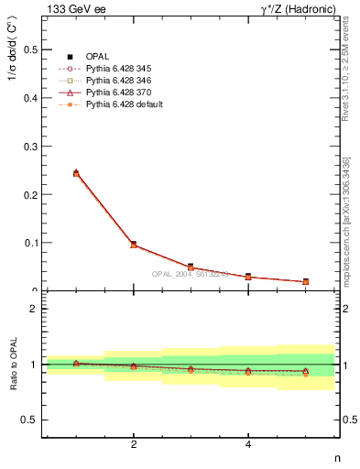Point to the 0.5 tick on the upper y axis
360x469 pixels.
(x=30, y=49)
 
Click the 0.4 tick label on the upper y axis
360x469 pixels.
(x=30, y=98)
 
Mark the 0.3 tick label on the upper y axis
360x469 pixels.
(x=30, y=147)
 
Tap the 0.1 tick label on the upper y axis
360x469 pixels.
(x=30, y=243)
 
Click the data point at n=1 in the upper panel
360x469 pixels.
(x=76, y=172)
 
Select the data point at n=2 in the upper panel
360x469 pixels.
(x=134, y=245)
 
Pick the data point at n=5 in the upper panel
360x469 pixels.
(x=306, y=281)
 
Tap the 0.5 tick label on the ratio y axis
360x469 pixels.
(x=30, y=420)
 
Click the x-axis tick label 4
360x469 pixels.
(x=248, y=445)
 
